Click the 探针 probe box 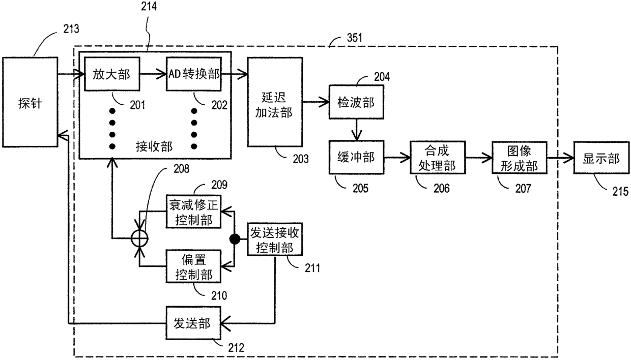tap(30, 102)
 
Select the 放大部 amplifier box tap(112, 74)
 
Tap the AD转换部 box tap(194, 74)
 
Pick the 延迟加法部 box tap(275, 102)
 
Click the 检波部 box tap(356, 102)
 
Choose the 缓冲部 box tap(356, 157)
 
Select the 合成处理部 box tap(438, 158)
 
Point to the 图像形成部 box tap(520, 158)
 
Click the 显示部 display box tap(601, 158)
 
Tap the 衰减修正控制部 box tap(193, 212)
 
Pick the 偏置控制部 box tap(193, 266)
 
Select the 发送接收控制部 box tap(275, 239)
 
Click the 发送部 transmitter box tap(193, 323)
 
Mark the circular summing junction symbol tap(140, 238)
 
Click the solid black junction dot tap(235, 239)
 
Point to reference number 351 tap(354, 38)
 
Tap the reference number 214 tap(149, 6)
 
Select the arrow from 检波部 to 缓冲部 tap(357, 130)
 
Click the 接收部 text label tap(154, 146)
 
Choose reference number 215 tap(620, 192)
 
